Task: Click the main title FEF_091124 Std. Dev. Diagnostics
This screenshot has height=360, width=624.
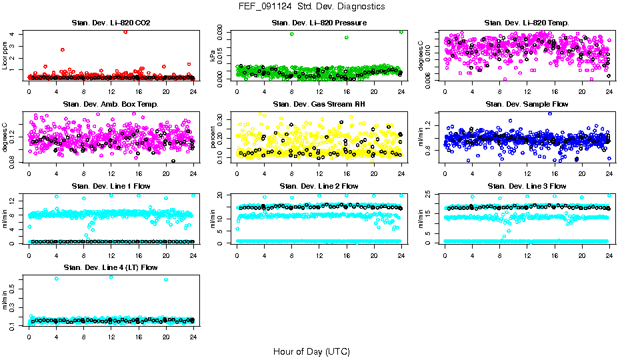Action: pyautogui.click(x=311, y=6)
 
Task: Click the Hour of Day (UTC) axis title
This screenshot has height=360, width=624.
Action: pyautogui.click(x=311, y=351)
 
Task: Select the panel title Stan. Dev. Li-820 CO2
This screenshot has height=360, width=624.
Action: pyautogui.click(x=111, y=23)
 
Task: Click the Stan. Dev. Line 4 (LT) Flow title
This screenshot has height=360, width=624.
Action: pyautogui.click(x=111, y=267)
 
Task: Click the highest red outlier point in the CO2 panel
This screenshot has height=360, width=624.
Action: pyautogui.click(x=125, y=32)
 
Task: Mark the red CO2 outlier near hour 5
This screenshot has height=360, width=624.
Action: pyautogui.click(x=62, y=50)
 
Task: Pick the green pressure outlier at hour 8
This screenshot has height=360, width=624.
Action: pyautogui.click(x=292, y=34)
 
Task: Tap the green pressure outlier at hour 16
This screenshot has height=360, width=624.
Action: pyautogui.click(x=347, y=37)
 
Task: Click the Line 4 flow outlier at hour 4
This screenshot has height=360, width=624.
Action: pyautogui.click(x=56, y=279)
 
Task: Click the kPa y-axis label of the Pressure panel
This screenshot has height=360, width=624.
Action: pyautogui.click(x=213, y=57)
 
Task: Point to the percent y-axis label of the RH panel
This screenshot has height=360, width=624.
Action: pyautogui.click(x=213, y=138)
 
